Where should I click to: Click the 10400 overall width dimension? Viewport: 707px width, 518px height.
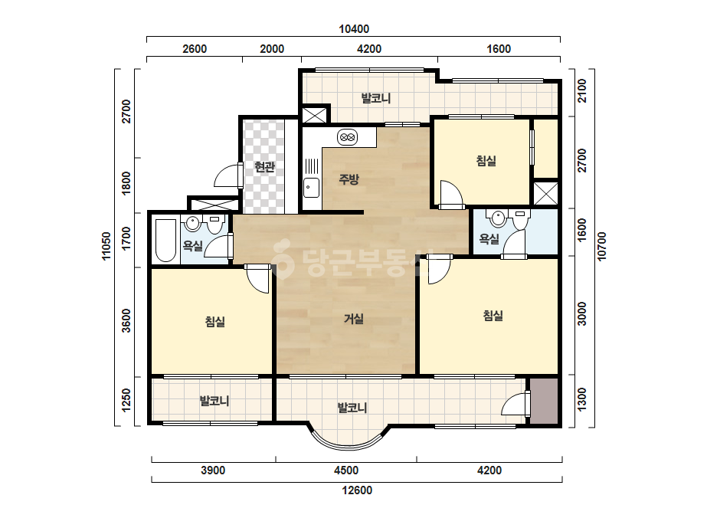[x=354, y=29]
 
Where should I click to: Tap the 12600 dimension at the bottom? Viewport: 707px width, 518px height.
[x=357, y=490]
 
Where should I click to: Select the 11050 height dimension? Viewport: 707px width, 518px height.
[x=106, y=247]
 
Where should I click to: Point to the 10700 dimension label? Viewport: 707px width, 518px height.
[x=601, y=247]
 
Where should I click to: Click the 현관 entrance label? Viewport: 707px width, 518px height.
[x=264, y=167]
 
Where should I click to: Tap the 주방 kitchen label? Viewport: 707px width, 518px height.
[x=349, y=179]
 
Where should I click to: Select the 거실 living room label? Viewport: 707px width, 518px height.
[x=354, y=319]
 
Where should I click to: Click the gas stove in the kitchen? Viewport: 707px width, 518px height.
[x=347, y=137]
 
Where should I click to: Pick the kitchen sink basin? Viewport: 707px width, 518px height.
[x=311, y=188]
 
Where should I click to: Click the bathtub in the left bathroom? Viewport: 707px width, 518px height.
[x=165, y=241]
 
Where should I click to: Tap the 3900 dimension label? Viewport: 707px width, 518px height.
[x=213, y=470]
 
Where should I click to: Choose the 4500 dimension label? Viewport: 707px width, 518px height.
[x=345, y=470]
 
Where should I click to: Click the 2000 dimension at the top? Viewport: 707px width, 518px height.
[x=272, y=49]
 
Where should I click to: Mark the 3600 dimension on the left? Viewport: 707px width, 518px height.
[x=126, y=320]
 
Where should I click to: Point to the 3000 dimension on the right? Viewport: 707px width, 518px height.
[x=582, y=313]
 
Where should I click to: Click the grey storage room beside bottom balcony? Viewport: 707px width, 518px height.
[x=543, y=401]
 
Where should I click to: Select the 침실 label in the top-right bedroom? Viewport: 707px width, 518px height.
[x=486, y=161]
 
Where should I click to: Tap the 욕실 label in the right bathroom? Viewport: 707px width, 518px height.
[x=489, y=239]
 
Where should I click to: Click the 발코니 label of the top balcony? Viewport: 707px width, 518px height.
[x=376, y=98]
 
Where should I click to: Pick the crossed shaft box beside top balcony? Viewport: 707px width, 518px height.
[x=314, y=114]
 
